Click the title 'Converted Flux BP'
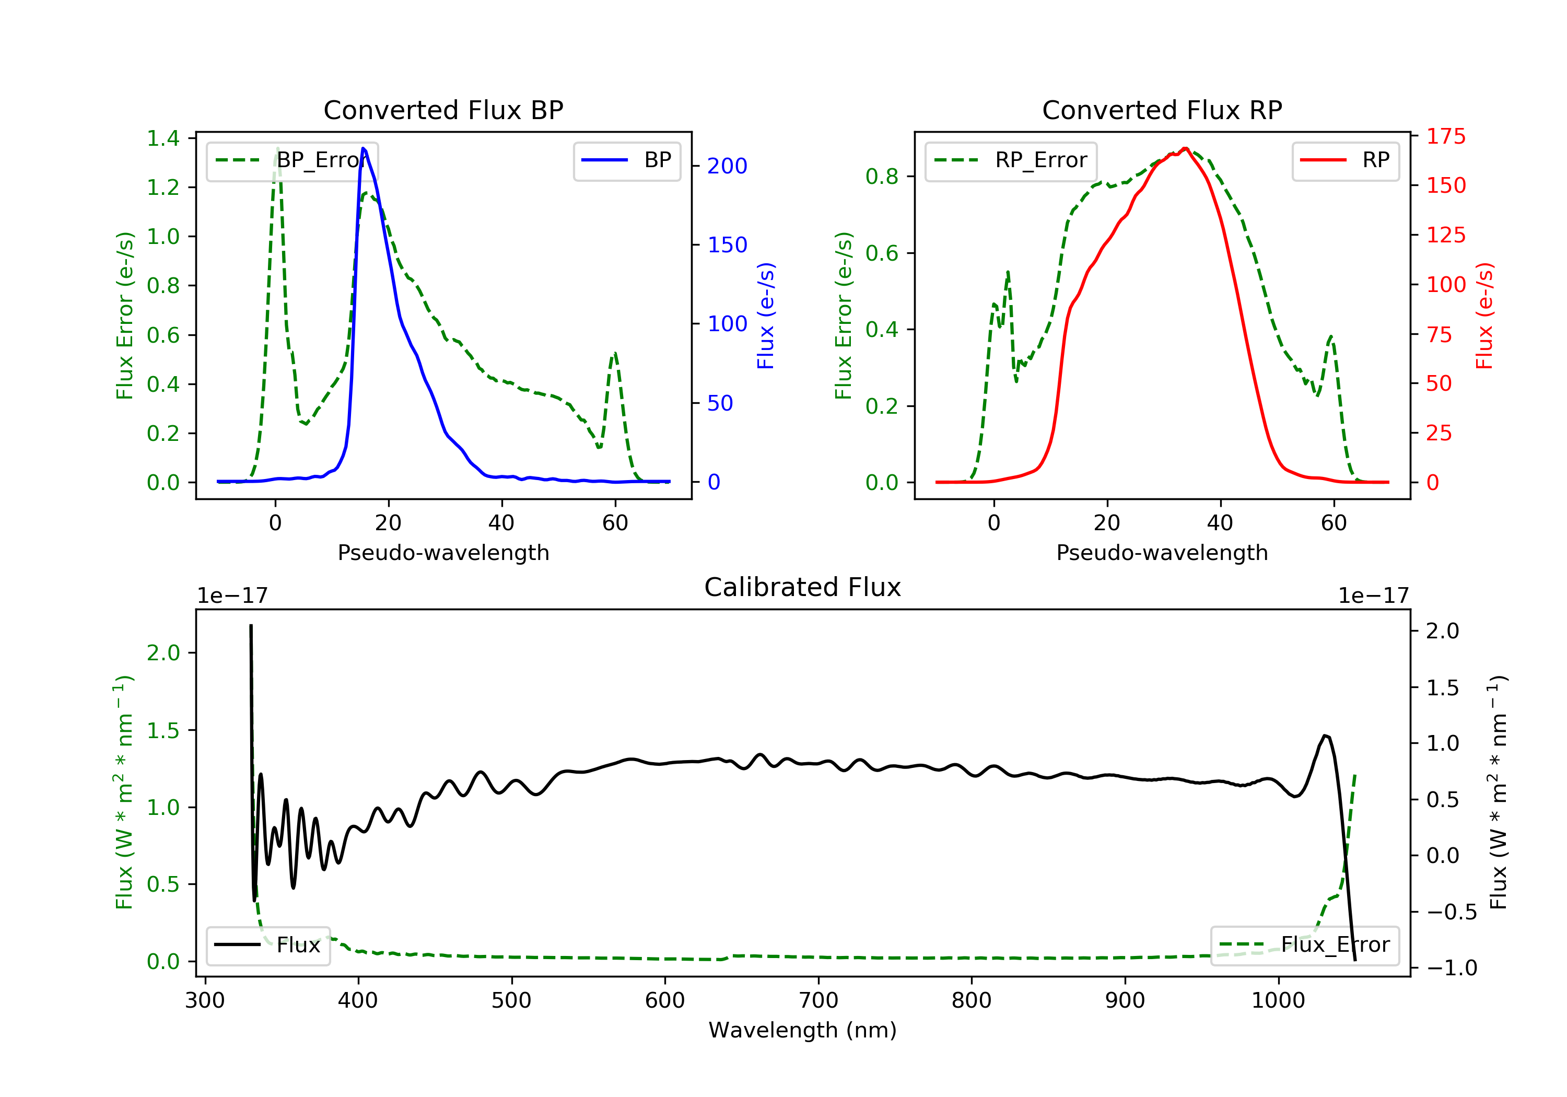(443, 110)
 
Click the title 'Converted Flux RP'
(1162, 110)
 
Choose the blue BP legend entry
(626, 160)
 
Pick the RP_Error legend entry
(1011, 160)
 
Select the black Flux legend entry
(268, 945)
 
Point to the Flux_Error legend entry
(1304, 945)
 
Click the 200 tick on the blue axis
(727, 166)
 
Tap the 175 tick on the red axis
(1445, 136)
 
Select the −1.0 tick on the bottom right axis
(1451, 968)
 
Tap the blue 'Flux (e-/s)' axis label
(766, 316)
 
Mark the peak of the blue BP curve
(364, 148)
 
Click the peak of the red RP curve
(1186, 148)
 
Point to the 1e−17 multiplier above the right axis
(1373, 596)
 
